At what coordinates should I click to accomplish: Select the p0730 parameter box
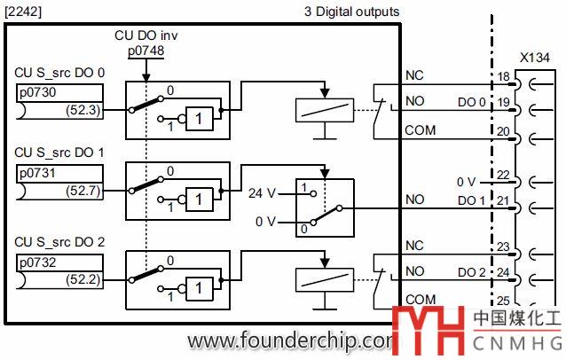(x=59, y=92)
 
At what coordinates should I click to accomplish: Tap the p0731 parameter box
(x=59, y=174)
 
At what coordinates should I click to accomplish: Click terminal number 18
(x=503, y=78)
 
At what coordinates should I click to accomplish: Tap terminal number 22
(x=503, y=176)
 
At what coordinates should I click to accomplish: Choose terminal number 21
(x=503, y=200)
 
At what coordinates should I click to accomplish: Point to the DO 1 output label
(x=471, y=200)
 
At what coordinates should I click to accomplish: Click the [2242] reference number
(x=23, y=11)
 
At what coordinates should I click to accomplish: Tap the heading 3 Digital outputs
(x=351, y=12)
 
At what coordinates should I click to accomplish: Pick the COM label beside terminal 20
(x=420, y=129)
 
